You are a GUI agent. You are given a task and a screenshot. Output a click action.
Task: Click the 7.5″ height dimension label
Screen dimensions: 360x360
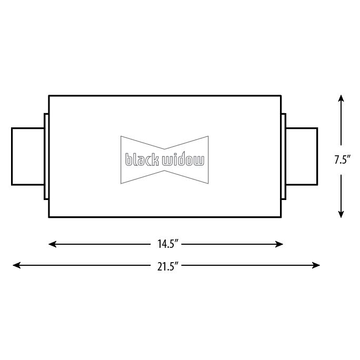[342, 160]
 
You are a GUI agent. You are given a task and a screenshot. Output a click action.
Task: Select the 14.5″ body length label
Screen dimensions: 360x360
[168, 244]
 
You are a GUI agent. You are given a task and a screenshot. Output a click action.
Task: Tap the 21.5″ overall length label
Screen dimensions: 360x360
[168, 265]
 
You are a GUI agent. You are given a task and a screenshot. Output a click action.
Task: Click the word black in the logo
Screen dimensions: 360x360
[142, 159]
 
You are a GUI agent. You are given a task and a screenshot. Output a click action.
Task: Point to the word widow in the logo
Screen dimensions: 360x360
[183, 159]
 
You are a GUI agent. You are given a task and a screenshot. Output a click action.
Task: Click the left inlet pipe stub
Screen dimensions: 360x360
[28, 156]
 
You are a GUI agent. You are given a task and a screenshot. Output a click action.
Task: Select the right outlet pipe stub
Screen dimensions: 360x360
[302, 156]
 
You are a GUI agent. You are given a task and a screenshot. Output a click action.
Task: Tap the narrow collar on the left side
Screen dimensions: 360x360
[46, 156]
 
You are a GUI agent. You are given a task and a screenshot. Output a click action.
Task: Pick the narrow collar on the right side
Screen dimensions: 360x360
[284, 156]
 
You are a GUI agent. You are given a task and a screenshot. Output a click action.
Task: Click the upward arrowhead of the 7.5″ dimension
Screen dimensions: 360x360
[341, 98]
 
